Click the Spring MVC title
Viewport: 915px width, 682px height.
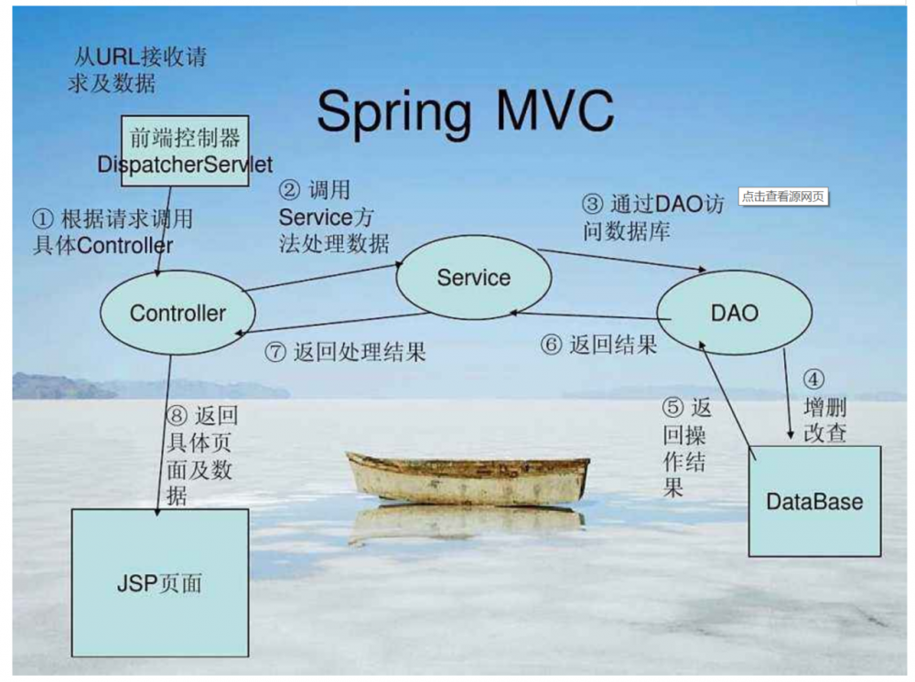(x=465, y=113)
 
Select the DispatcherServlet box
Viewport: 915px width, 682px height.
(x=185, y=151)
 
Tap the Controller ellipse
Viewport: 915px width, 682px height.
(x=178, y=314)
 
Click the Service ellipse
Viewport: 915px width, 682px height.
(x=473, y=278)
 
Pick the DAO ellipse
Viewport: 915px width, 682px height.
(x=734, y=314)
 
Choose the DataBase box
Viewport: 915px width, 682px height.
(x=813, y=501)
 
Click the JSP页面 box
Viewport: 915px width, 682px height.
(x=159, y=582)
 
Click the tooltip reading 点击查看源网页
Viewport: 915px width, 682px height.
(x=783, y=197)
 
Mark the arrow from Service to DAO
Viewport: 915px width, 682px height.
(x=622, y=260)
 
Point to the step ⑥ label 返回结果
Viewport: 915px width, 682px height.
(x=598, y=345)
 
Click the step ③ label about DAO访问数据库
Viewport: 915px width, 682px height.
(x=652, y=218)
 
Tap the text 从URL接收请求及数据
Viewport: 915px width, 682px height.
(x=136, y=70)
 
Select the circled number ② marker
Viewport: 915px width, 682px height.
(x=289, y=191)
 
